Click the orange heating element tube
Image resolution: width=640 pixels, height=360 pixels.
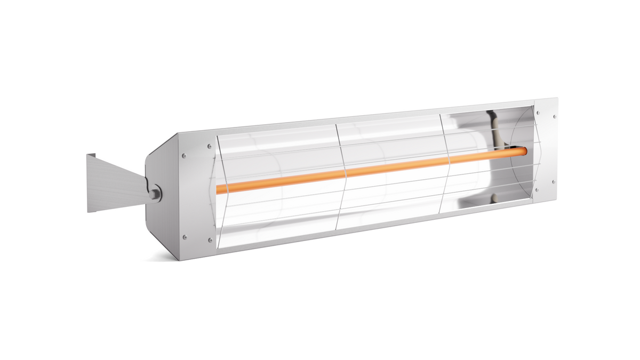coord(373,170)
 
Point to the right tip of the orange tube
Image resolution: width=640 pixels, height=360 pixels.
coord(527,151)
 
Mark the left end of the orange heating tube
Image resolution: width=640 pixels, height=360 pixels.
coord(219,189)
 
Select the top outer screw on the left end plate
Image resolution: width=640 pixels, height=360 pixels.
coord(185,156)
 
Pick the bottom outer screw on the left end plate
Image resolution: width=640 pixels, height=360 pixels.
coord(185,237)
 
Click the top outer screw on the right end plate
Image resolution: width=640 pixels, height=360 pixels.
coord(555,116)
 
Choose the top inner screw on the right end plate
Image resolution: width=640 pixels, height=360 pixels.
coord(538,113)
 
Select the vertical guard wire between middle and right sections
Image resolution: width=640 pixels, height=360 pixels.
coord(447,160)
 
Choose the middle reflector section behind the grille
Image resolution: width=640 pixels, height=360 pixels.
coord(389,144)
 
